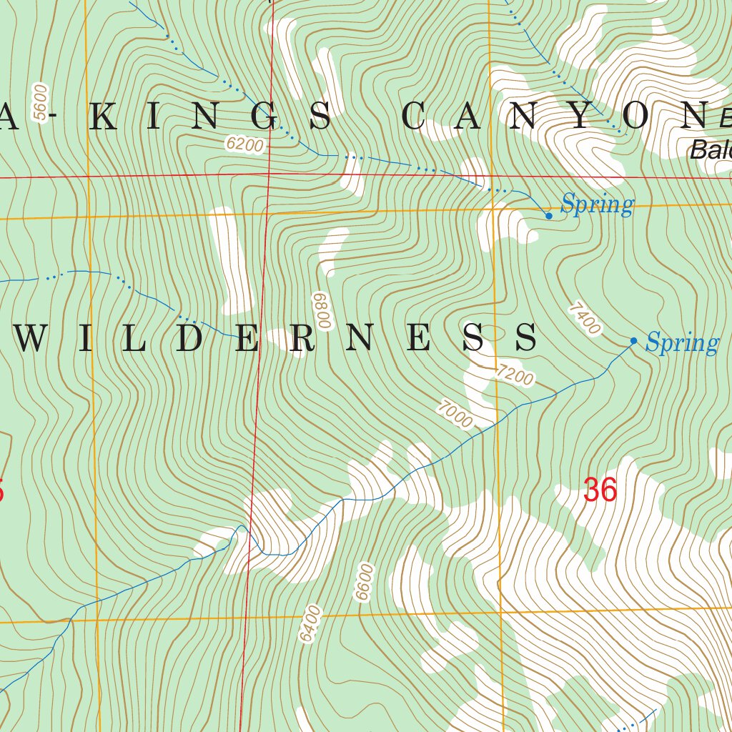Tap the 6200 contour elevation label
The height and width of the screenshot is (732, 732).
(244, 145)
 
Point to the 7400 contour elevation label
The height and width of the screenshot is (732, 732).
(584, 319)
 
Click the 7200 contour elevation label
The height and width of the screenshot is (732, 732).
(515, 375)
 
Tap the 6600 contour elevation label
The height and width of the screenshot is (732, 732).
(365, 583)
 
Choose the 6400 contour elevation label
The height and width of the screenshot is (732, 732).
(311, 624)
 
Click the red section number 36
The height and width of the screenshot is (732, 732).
(599, 491)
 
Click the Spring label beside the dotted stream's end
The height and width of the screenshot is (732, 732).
(597, 205)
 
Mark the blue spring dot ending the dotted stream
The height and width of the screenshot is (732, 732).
(548, 215)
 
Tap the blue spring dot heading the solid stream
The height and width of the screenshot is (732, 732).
(633, 341)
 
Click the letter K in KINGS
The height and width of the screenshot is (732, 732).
(105, 117)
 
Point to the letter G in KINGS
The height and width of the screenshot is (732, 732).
(265, 117)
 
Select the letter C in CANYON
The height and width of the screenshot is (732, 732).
(416, 117)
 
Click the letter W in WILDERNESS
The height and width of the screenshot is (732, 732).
(32, 337)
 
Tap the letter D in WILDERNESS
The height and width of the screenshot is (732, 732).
(192, 337)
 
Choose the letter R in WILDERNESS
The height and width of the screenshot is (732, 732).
(302, 337)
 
